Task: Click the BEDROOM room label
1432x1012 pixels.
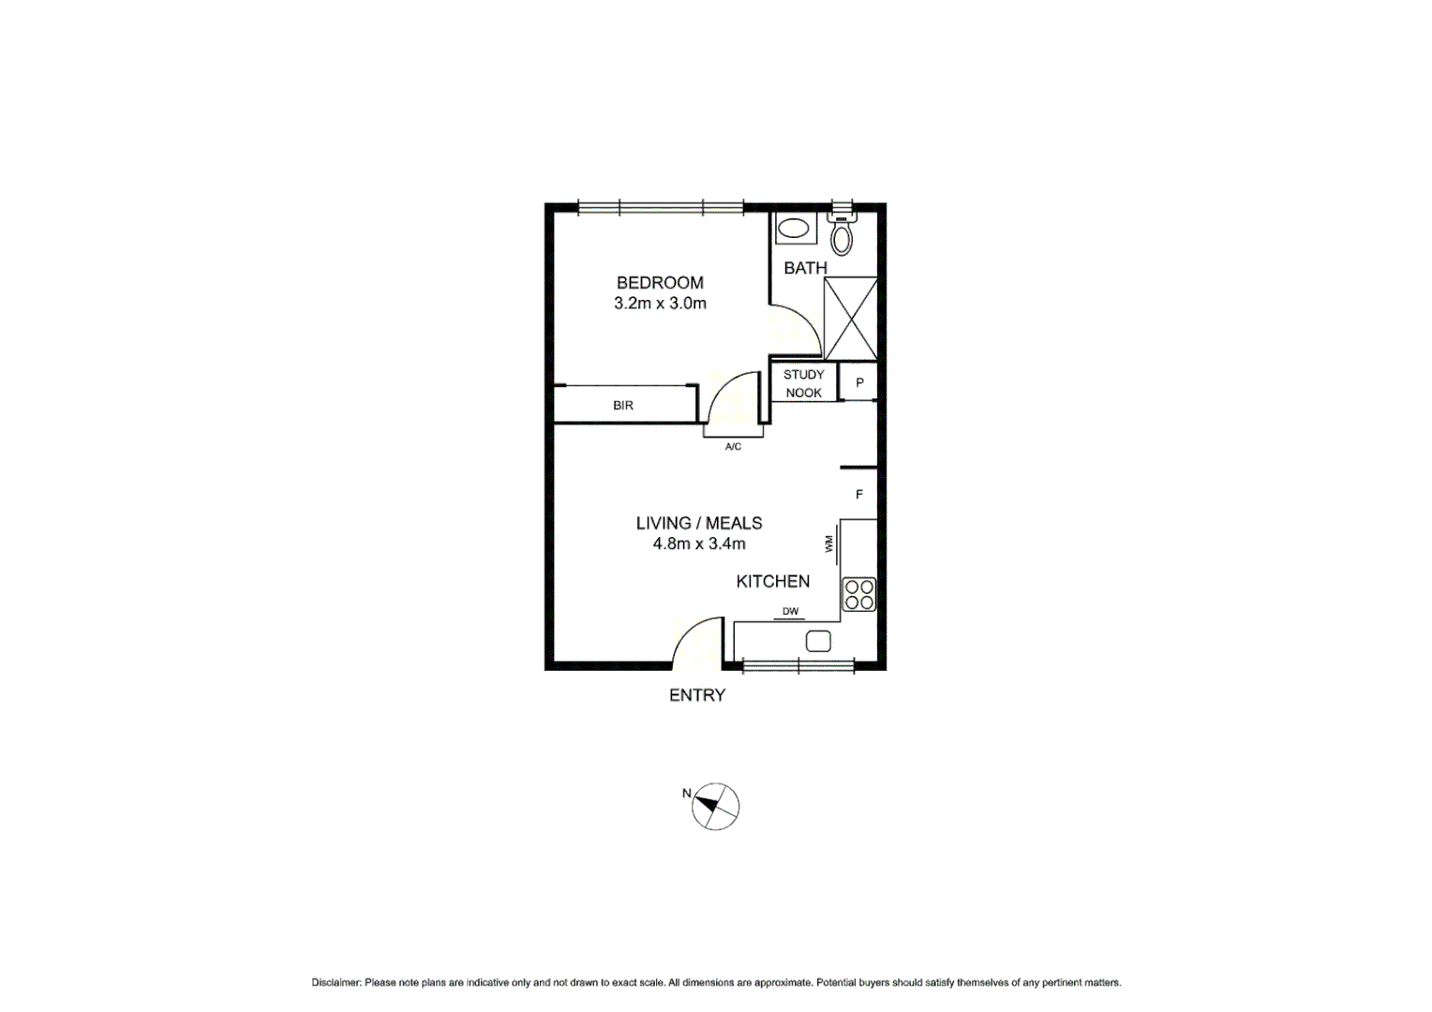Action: tap(660, 282)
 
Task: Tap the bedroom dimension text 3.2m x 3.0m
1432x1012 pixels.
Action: tap(660, 304)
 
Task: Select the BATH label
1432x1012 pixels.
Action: tap(805, 268)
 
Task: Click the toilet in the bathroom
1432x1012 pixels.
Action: tap(843, 234)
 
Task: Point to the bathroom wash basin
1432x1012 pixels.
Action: tap(795, 229)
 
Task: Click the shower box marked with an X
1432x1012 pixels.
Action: tap(850, 319)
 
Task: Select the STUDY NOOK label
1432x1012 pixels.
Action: tap(803, 383)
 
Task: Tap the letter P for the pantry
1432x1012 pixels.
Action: tap(859, 383)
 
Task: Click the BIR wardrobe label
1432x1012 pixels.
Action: tap(623, 406)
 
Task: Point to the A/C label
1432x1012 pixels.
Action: tap(733, 447)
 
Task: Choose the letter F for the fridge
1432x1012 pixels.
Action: tap(858, 495)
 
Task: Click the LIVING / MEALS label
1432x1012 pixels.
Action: tap(699, 523)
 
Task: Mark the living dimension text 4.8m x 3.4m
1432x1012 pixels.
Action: tap(699, 543)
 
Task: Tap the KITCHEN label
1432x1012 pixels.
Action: tap(773, 581)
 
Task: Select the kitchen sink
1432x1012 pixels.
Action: tap(818, 642)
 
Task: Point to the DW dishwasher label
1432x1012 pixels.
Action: tap(790, 612)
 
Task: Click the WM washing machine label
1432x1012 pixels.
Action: tap(829, 543)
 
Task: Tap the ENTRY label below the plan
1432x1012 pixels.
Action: tap(697, 695)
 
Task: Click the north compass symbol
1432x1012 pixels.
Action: tap(715, 807)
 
